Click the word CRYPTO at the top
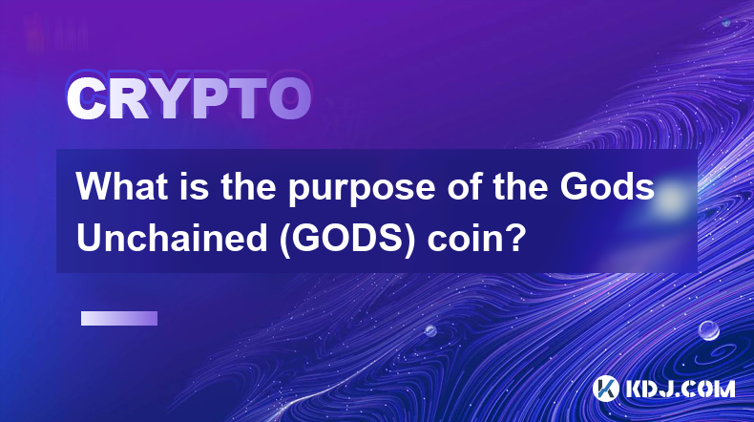tap(189, 99)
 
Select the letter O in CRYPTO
tap(289, 99)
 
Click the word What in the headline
tap(122, 186)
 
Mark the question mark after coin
tap(513, 237)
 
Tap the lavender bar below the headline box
tap(119, 318)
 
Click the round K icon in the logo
tap(605, 389)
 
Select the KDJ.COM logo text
tap(680, 389)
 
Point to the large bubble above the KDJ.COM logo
tap(708, 330)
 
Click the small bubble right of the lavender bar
tap(429, 330)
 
